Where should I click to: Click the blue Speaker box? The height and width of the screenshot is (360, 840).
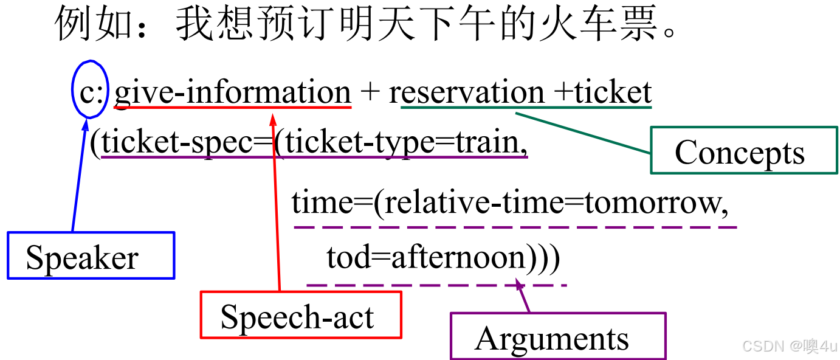tap(91, 255)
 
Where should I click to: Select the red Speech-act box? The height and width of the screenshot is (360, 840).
tap(301, 315)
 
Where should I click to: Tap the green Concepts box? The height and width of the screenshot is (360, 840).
tap(743, 150)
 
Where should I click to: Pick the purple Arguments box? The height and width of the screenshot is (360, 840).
tap(557, 336)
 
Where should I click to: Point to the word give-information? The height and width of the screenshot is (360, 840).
tap(232, 92)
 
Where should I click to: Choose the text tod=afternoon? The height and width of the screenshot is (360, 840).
tap(425, 258)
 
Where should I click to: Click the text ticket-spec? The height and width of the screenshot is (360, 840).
tap(176, 143)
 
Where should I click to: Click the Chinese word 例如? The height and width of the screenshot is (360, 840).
tap(94, 24)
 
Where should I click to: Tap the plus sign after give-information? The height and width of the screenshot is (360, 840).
tap(369, 93)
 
